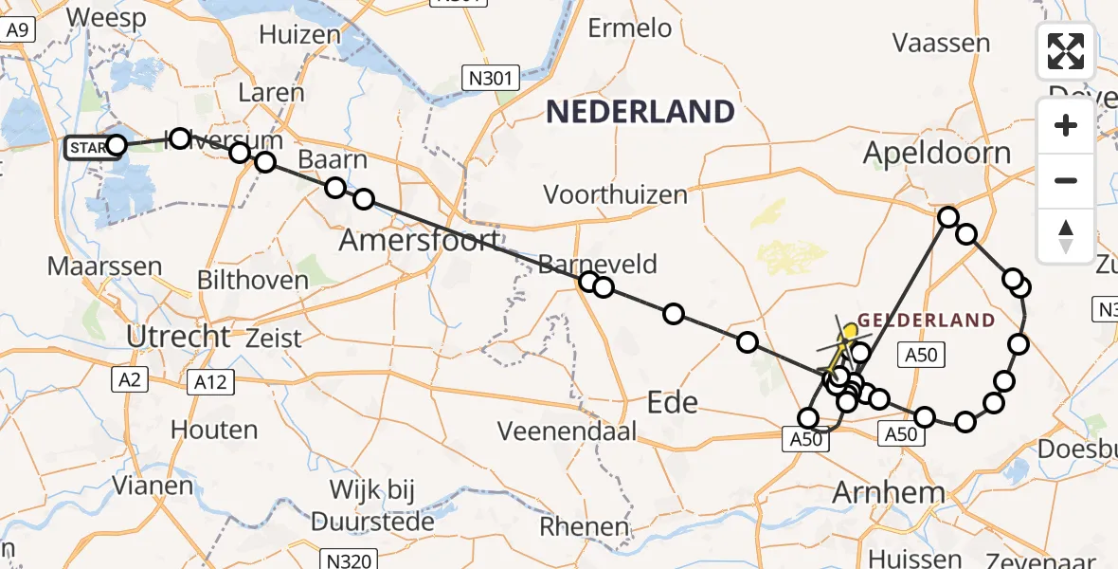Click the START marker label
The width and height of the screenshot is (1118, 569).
click(87, 148)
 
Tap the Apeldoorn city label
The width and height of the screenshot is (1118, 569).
click(937, 153)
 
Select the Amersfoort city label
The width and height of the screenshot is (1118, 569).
click(419, 241)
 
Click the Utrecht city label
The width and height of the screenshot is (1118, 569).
click(177, 336)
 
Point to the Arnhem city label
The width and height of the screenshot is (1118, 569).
click(888, 492)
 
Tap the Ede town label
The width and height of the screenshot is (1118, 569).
click(672, 402)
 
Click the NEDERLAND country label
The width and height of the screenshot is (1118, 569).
click(640, 112)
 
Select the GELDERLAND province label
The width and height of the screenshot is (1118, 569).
click(927, 321)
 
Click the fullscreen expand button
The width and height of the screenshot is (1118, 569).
click(1066, 52)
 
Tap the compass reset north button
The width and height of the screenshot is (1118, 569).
click(1066, 236)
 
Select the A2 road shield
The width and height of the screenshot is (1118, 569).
click(130, 380)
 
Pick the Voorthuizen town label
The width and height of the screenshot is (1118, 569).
click(615, 195)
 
